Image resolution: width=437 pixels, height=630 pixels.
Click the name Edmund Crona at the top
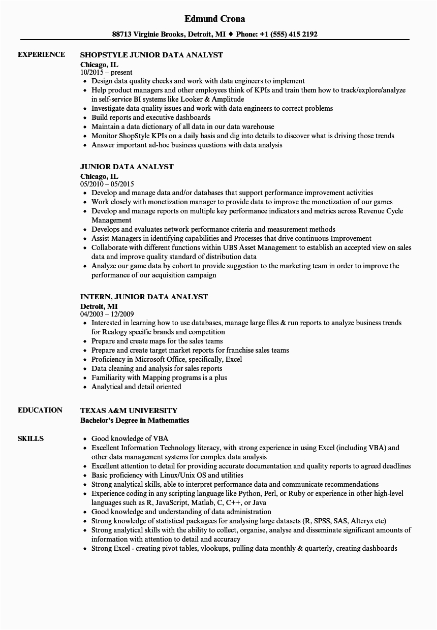[214, 19]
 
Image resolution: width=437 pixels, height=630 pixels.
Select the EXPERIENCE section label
[41, 54]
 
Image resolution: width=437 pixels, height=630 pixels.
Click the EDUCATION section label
[40, 410]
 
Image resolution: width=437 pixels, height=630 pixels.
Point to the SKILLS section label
[30, 438]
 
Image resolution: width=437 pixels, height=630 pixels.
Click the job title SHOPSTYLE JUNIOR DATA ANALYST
[151, 55]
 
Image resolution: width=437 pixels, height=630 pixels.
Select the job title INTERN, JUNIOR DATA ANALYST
[144, 297]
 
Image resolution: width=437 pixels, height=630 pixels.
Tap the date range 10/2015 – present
[106, 72]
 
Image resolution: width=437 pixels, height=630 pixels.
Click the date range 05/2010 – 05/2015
[107, 184]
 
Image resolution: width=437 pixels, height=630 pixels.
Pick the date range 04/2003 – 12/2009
[107, 314]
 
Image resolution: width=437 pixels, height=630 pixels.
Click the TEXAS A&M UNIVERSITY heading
[129, 411]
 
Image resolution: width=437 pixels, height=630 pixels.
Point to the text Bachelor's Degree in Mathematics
[135, 420]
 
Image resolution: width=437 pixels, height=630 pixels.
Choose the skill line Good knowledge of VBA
[130, 438]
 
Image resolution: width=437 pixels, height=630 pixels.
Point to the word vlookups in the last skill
[217, 548]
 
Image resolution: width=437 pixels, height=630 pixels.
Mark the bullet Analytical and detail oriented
[136, 387]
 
